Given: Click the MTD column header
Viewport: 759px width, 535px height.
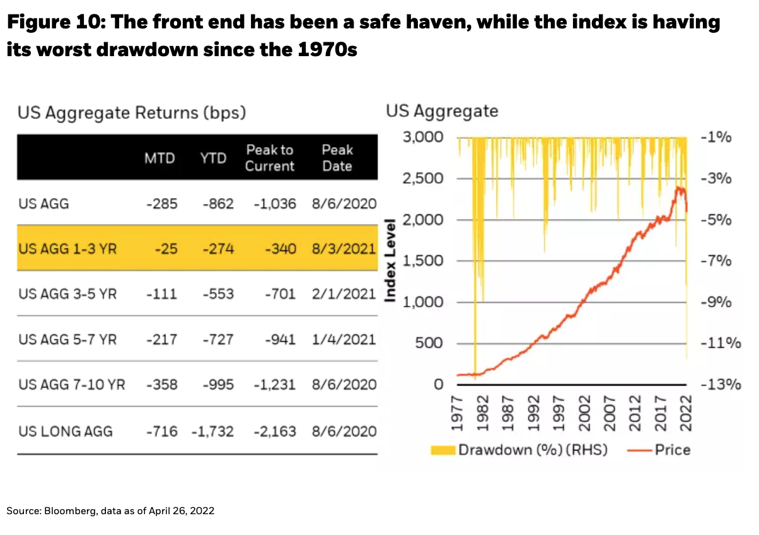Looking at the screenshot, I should pyautogui.click(x=159, y=158).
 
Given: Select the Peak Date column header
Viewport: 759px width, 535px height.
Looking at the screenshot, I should pyautogui.click(x=337, y=158).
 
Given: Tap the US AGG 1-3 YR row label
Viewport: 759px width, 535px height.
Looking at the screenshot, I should pyautogui.click(x=67, y=249).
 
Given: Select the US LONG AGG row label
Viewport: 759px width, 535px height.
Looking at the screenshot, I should pyautogui.click(x=66, y=432).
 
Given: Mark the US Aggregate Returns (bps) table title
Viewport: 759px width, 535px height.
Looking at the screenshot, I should pyautogui.click(x=131, y=113).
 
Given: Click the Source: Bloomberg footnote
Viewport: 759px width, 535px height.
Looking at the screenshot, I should pyautogui.click(x=111, y=510).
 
